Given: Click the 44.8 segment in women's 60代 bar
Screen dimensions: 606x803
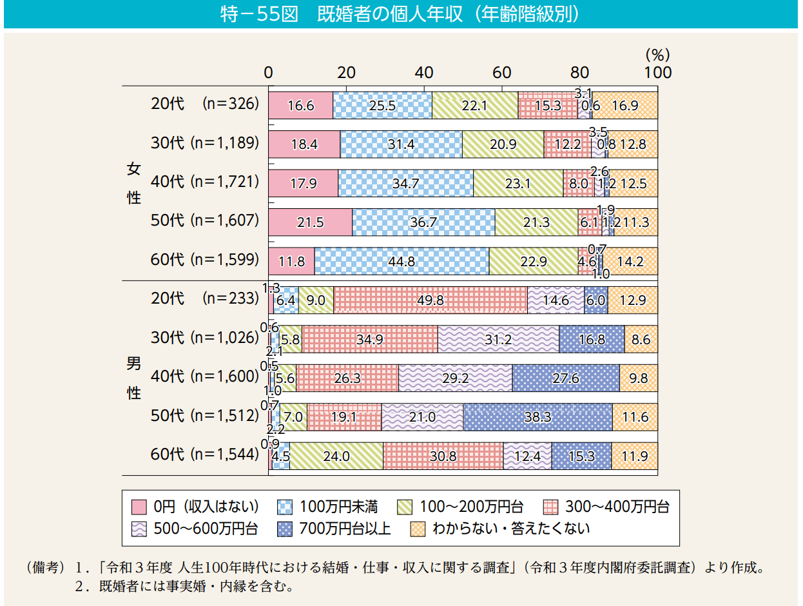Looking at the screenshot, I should click(401, 261).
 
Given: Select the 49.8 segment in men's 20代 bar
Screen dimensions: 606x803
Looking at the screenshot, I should click(430, 300).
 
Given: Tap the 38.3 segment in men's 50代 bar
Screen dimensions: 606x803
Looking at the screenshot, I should click(537, 417).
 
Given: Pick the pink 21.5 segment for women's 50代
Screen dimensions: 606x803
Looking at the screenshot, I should click(310, 222).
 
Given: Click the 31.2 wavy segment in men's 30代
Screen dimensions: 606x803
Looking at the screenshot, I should click(498, 339).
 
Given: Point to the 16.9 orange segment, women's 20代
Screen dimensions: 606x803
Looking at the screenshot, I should click(625, 105).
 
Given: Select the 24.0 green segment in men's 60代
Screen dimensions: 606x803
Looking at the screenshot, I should click(336, 456).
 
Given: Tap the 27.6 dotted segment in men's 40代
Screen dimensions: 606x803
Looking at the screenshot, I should click(565, 378).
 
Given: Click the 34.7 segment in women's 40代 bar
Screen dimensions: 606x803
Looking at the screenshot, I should click(405, 183).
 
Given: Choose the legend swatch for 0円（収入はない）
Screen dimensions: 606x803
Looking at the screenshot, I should click(140, 506).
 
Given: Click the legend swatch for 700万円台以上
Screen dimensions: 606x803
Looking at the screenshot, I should click(285, 529).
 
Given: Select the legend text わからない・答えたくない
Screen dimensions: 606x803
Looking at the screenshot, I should click(511, 529).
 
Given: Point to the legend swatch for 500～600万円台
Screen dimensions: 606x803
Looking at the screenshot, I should click(140, 529).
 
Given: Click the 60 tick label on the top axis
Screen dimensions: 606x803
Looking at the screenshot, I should click(502, 72).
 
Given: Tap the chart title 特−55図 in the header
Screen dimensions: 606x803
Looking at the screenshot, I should click(257, 14).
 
